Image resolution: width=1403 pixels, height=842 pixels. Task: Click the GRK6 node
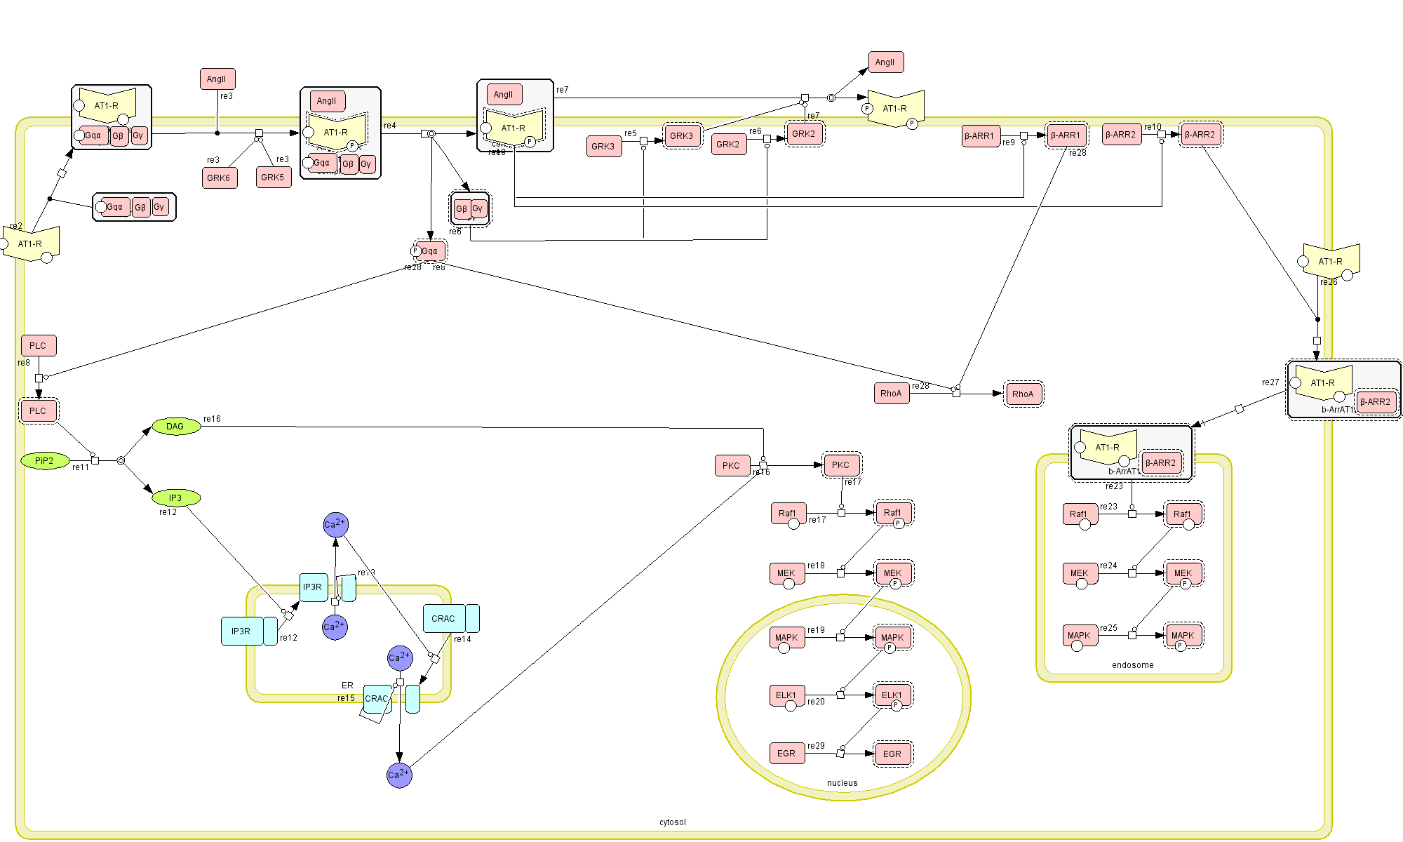coord(219,178)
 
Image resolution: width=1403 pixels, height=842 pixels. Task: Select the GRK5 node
coord(273,178)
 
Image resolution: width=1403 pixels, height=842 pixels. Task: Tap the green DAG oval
coord(175,427)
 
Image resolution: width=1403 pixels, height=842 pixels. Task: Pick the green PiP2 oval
coord(44,461)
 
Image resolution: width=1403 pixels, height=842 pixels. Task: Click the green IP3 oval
coord(175,498)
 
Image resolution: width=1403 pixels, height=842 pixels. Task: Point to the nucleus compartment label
coord(842,783)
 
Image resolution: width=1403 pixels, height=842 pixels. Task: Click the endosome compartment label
coord(1132,665)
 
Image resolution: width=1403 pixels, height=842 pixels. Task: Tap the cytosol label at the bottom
coord(672,822)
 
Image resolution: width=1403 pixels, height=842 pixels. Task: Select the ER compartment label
coord(347,686)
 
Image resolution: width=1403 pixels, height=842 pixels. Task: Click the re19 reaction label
coord(816,630)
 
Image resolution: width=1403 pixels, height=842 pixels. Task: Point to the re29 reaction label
coord(816,746)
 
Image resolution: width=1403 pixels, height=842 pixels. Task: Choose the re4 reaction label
coord(389,126)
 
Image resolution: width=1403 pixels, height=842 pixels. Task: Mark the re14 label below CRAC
coord(462,639)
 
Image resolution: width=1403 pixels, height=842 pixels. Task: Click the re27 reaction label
coord(1270,382)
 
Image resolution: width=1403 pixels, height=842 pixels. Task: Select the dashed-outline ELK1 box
coord(892,696)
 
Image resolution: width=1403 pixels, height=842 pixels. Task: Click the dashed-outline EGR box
coord(892,754)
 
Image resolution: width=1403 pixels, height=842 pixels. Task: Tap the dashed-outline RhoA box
coord(1023,394)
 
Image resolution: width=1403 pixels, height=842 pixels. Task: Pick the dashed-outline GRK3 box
coord(681,136)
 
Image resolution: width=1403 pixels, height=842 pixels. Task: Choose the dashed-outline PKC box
coord(840,465)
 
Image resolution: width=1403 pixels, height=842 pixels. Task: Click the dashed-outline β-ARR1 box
coord(1065,135)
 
